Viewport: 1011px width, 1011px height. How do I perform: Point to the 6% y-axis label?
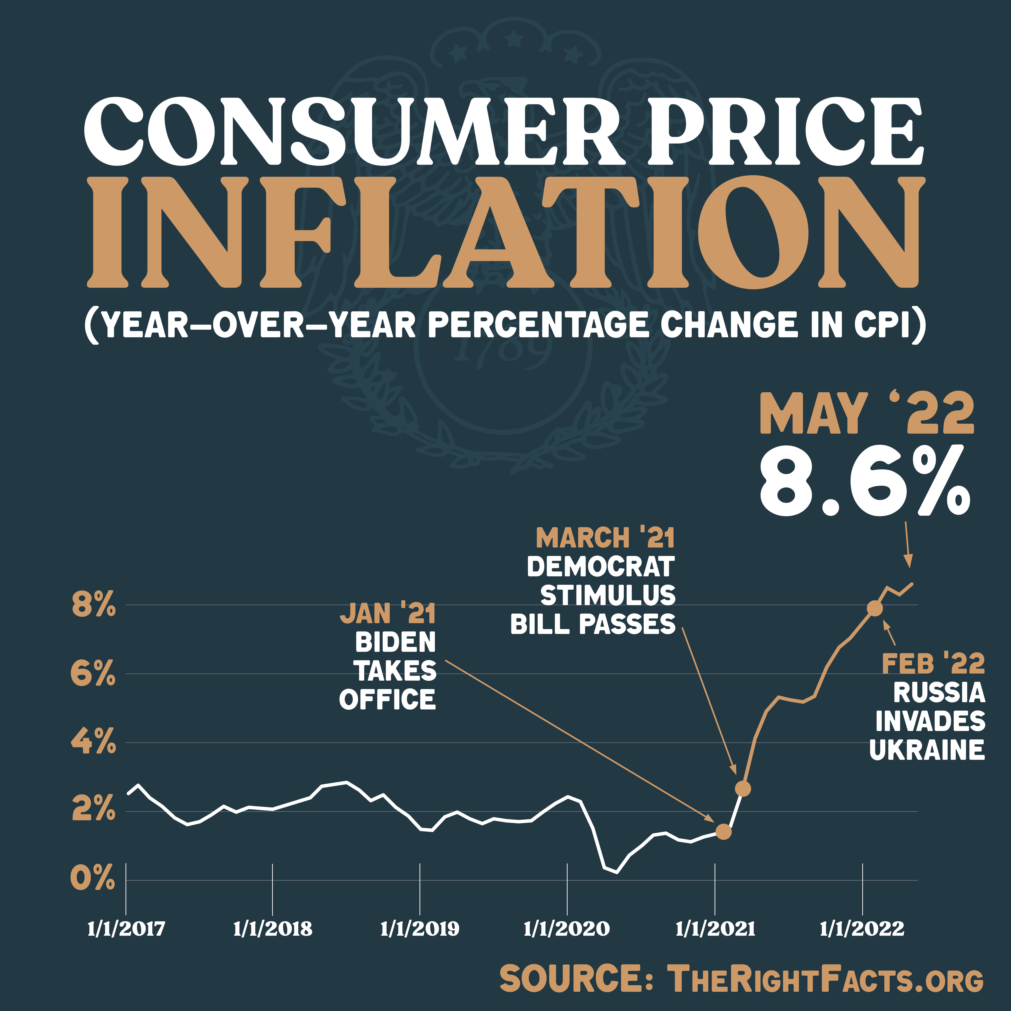tap(93, 674)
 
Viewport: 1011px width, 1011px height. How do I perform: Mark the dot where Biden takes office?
tap(723, 832)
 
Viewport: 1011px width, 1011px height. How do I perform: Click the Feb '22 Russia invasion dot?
tap(875, 609)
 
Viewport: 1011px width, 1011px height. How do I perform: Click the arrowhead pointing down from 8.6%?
tap(910, 563)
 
